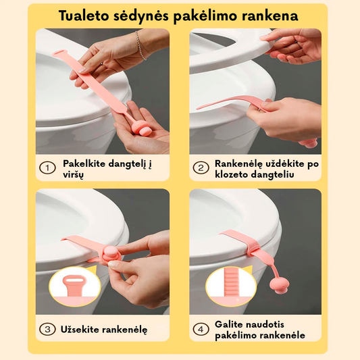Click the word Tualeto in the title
coord(84,16)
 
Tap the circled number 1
coord(47,168)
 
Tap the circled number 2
coord(201,168)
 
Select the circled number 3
coord(47,330)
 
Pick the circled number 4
coord(201,330)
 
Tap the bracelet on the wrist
coord(140,45)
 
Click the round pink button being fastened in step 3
coord(111,252)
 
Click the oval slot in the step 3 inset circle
coord(74,280)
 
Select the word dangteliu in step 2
coord(272,174)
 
